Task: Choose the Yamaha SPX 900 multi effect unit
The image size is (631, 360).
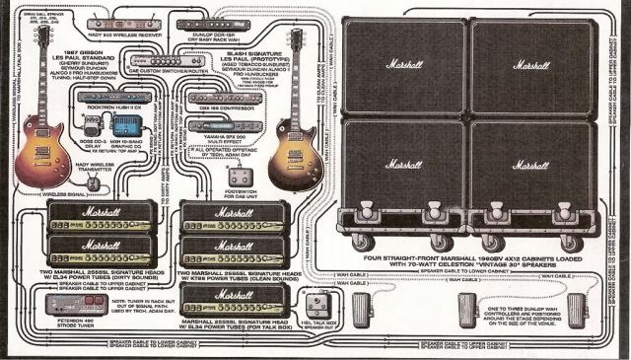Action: pyautogui.click(x=225, y=125)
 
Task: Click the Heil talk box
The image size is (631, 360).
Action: pyautogui.click(x=316, y=305)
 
